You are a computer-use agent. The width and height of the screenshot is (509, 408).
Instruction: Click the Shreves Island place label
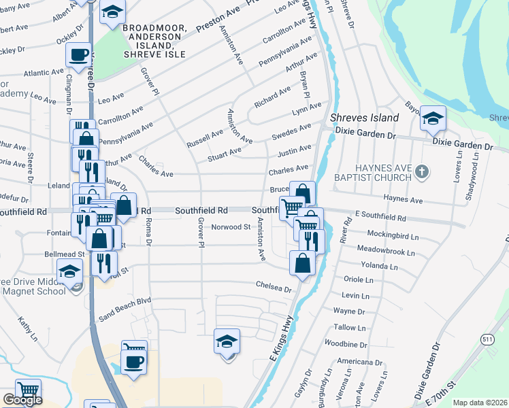364,118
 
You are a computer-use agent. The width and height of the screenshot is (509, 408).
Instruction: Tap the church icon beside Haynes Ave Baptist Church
421,171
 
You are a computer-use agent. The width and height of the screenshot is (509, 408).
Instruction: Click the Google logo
22,400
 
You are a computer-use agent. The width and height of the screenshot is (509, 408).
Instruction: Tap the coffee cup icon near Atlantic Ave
78,55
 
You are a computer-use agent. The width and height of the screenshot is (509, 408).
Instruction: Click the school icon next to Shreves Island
432,119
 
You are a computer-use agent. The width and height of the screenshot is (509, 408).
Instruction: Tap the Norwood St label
231,227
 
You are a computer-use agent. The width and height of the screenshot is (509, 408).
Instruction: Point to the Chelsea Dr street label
274,287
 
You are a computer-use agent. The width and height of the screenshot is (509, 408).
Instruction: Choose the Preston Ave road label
215,26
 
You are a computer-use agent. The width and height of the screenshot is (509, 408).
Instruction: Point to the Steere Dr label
31,166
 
